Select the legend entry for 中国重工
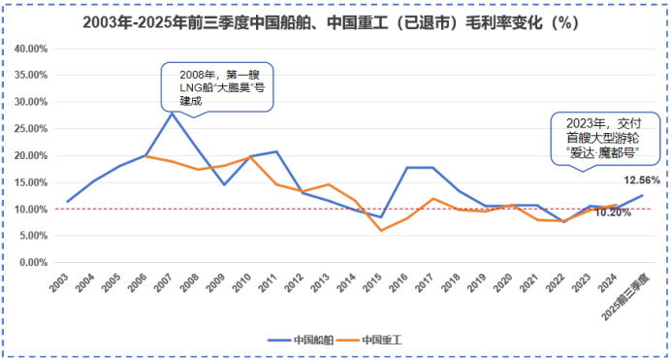382,341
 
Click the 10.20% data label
612,213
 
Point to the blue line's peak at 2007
172,113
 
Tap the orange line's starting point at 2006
145,155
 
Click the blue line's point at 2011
277,151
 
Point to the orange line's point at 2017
433,198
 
